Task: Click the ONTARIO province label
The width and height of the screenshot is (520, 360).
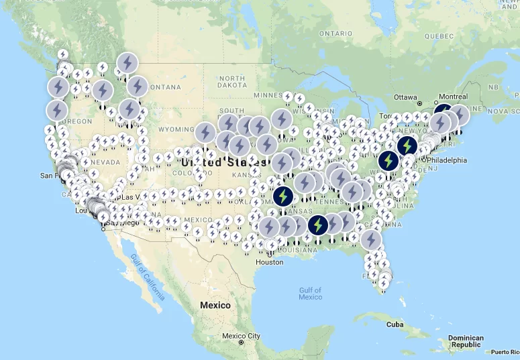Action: pos(335,33)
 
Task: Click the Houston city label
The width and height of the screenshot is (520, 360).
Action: pos(269,261)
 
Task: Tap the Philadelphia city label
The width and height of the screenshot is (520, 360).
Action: pos(444,160)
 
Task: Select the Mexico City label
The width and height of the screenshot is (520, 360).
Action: pos(241,335)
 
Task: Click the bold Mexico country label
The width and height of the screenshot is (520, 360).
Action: pos(215,305)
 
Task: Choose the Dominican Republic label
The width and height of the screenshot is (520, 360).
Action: pos(466,341)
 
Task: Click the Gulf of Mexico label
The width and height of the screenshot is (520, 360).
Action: pos(311,293)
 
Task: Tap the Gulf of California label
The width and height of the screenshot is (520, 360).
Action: pos(148,278)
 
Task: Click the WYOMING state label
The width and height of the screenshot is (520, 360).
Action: pos(175,129)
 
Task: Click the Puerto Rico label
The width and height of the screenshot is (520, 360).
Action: pos(505,352)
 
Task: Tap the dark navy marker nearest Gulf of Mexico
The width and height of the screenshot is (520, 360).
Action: pos(317,225)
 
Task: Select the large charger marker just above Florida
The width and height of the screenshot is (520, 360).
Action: pos(370,239)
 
